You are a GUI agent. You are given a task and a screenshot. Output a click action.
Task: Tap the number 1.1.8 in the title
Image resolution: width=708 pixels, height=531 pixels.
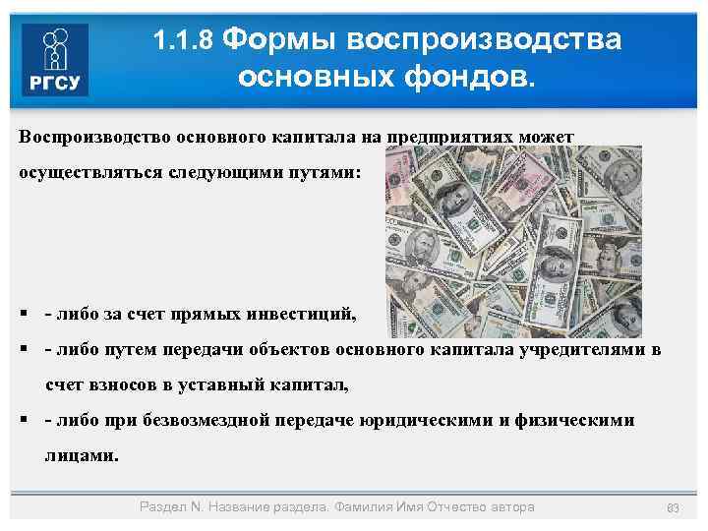pos(185,41)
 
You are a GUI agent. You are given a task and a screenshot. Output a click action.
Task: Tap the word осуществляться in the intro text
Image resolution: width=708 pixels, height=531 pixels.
pos(81,172)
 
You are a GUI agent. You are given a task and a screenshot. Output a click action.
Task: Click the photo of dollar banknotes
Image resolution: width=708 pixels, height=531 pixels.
pos(511,241)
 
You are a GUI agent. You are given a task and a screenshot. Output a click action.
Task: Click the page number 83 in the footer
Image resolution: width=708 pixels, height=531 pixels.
pos(674,507)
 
